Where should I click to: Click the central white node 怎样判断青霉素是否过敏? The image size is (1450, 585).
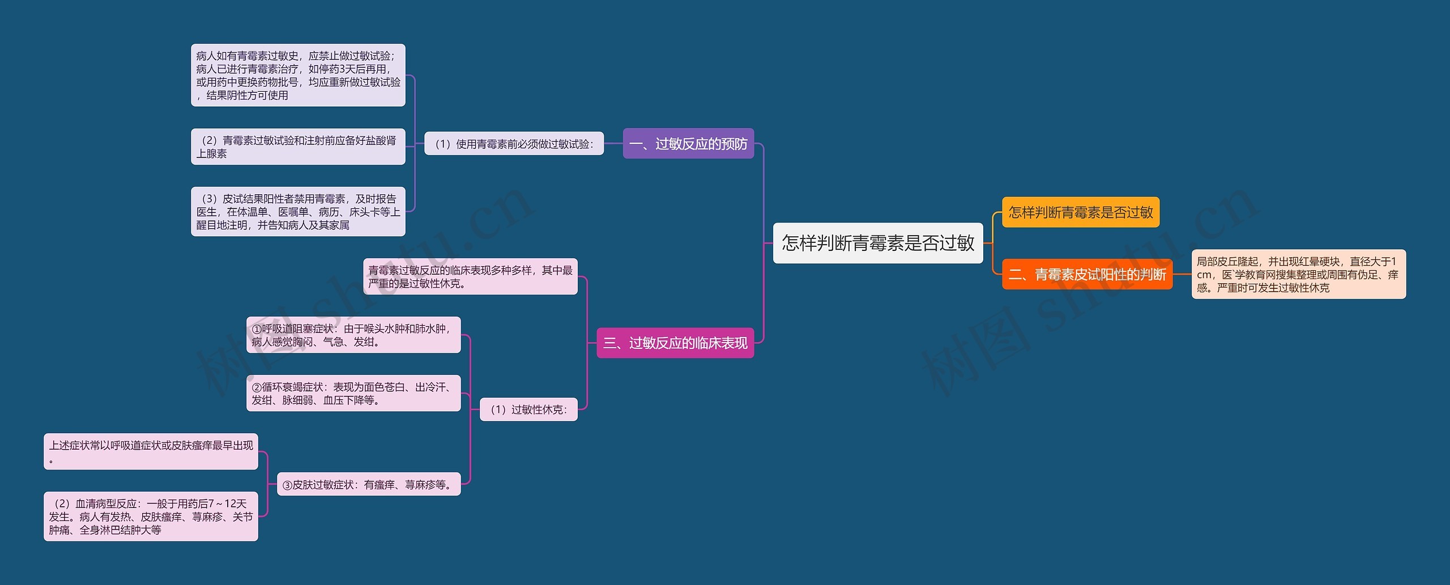(x=877, y=243)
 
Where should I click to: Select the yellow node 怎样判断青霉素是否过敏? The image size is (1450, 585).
(x=1080, y=212)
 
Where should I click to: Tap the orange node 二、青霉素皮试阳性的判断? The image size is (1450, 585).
(x=1086, y=275)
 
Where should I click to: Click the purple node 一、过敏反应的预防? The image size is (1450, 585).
(x=688, y=144)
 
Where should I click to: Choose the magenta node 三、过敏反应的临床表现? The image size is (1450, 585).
(x=675, y=343)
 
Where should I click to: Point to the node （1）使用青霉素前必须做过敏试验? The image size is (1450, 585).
(x=514, y=144)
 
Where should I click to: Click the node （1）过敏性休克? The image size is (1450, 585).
(x=528, y=409)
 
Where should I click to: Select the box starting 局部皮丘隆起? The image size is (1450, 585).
(x=1298, y=275)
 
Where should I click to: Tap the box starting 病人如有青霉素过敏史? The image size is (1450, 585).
(x=298, y=75)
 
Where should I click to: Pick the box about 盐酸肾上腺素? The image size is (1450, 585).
(x=298, y=147)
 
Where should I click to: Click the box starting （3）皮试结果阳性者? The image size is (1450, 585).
(x=298, y=212)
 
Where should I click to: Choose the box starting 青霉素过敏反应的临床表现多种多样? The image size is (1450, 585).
(x=470, y=277)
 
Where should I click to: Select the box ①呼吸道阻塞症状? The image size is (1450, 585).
(x=353, y=335)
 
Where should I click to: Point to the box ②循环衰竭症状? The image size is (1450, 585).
(x=353, y=394)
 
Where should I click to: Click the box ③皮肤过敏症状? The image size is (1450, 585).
(x=368, y=485)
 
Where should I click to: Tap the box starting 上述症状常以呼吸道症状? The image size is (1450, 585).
(x=151, y=452)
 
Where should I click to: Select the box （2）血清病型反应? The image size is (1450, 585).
(x=151, y=516)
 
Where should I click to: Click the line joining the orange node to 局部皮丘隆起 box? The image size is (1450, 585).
(x=1182, y=274)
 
